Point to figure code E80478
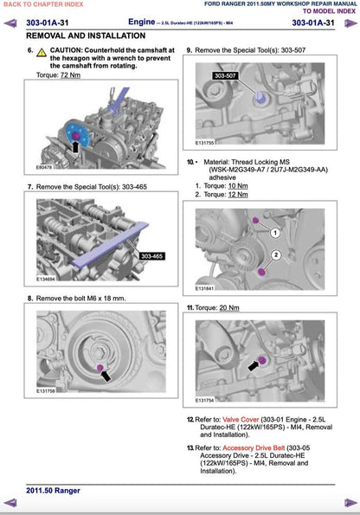pos(46,166)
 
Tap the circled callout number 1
pos(275,234)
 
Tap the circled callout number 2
pos(275,254)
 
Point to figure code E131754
pos(205,400)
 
